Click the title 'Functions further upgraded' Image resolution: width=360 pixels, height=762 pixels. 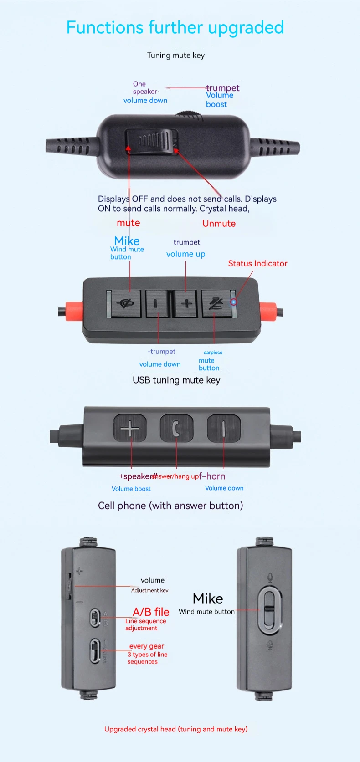click(175, 28)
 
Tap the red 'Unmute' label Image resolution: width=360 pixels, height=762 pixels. click(219, 224)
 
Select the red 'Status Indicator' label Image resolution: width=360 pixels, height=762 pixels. click(257, 264)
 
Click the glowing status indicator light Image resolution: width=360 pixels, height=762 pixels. click(234, 302)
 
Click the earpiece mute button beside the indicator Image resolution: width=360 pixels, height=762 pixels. click(215, 304)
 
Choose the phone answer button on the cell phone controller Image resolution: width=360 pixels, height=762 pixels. click(176, 429)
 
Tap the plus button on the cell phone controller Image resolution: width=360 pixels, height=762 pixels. click(130, 429)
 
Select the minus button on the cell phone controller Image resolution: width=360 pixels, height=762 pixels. click(223, 429)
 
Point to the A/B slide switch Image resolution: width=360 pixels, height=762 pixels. click(95, 618)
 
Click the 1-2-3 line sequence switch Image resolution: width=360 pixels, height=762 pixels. click(95, 651)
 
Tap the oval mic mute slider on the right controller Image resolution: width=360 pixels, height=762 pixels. click(269, 609)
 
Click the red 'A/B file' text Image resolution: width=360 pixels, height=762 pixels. click(151, 612)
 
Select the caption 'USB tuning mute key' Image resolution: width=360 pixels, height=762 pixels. click(176, 380)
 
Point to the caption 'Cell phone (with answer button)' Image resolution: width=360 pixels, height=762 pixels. click(170, 506)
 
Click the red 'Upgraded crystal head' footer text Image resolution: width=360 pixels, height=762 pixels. click(176, 729)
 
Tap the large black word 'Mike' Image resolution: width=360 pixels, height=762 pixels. click(208, 599)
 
